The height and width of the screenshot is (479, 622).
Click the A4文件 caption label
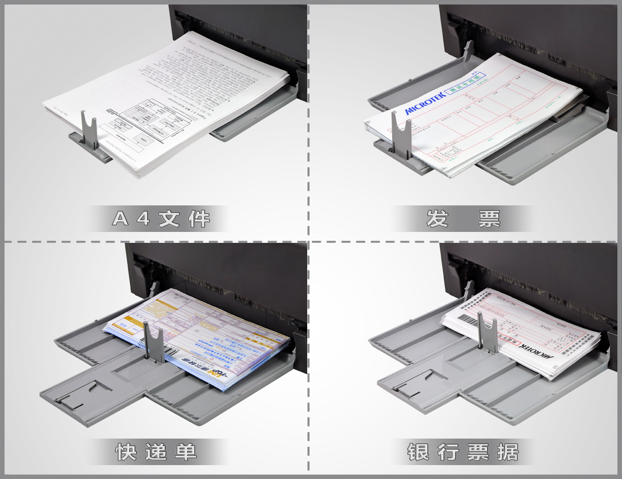click(161, 218)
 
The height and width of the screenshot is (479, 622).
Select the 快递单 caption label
click(156, 452)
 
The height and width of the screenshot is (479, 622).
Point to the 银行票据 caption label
click(463, 452)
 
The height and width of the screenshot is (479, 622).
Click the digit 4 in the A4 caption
click(144, 218)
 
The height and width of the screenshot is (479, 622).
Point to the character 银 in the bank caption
click(418, 452)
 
